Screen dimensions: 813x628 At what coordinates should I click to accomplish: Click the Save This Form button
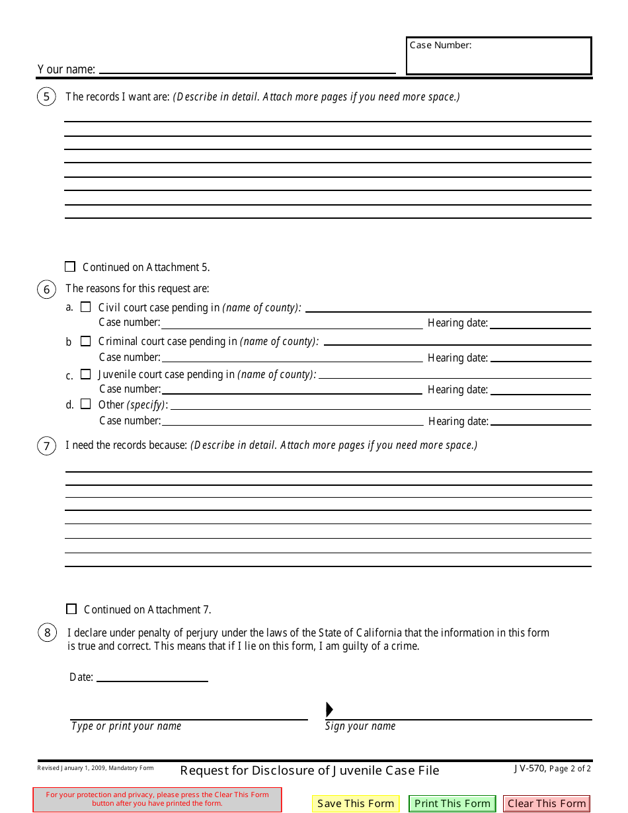pos(356,804)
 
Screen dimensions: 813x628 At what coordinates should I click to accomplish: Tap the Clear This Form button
pos(547,804)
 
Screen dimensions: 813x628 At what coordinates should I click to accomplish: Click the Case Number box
pos(498,56)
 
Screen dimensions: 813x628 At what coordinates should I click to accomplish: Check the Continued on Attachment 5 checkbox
pos(70,267)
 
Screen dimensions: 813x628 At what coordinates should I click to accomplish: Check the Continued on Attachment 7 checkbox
pos(71,609)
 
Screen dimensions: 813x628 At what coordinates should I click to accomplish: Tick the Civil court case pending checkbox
pos(85,307)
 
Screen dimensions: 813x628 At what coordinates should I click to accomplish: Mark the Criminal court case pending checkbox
pos(85,341)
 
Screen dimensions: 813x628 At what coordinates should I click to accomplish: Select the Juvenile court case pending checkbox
pos(85,374)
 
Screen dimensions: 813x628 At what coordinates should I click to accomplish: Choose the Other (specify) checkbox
pos(85,404)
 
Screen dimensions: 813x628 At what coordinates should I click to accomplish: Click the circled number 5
pos(46,97)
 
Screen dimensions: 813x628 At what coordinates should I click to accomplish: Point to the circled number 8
pos(47,633)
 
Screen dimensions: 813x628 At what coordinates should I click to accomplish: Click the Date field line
pos(152,676)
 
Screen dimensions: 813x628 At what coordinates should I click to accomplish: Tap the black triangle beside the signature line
pos(329,710)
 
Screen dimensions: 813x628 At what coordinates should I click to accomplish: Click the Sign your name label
pos(360,726)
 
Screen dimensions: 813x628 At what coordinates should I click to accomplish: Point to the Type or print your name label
pos(126,726)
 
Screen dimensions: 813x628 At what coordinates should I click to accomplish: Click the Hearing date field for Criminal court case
pos(540,357)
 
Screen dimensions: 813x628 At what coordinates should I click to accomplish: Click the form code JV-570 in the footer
pos(529,768)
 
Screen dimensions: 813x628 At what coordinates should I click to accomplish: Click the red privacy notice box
pos(157,799)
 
